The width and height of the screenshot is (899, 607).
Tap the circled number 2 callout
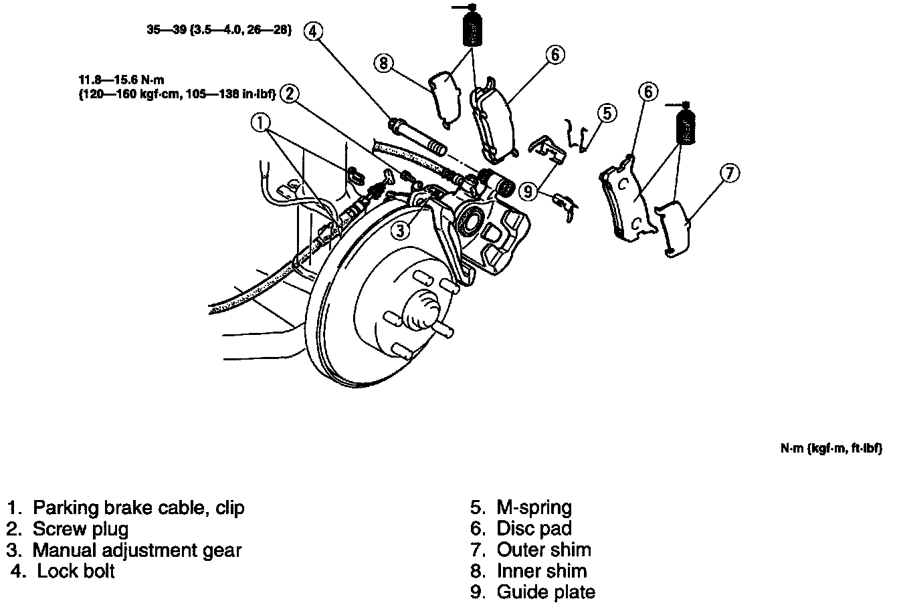pyautogui.click(x=290, y=94)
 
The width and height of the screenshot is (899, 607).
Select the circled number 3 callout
pyautogui.click(x=400, y=231)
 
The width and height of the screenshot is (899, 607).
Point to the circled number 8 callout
pyautogui.click(x=383, y=63)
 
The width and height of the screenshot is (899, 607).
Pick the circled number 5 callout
pyautogui.click(x=605, y=113)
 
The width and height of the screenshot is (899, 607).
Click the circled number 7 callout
pyautogui.click(x=729, y=174)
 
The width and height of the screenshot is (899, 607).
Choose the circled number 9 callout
pyautogui.click(x=529, y=191)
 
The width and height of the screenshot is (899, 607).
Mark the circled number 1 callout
pyautogui.click(x=262, y=122)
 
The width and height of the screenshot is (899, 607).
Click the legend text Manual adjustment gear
pyautogui.click(x=136, y=550)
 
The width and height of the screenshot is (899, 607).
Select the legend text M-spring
pyautogui.click(x=534, y=507)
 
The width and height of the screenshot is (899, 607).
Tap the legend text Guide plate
pyautogui.click(x=545, y=592)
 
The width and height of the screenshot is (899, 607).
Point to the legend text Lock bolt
pyautogui.click(x=76, y=572)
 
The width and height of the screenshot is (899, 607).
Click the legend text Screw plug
pyautogui.click(x=80, y=529)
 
